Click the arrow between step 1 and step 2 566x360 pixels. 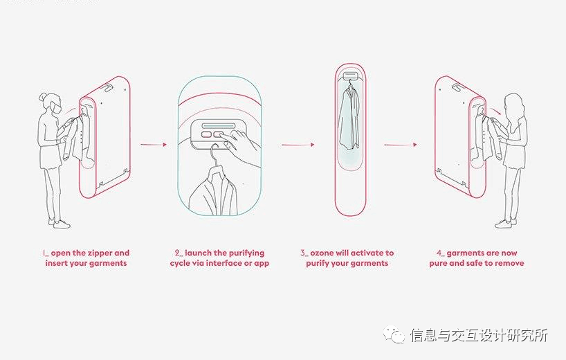(x=154, y=145)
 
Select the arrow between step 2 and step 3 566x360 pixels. (x=298, y=145)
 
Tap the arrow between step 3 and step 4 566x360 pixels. (x=401, y=145)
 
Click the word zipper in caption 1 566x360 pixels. (x=100, y=253)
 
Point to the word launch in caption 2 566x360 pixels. (x=198, y=253)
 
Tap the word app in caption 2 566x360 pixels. (x=262, y=264)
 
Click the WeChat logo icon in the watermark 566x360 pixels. (x=394, y=334)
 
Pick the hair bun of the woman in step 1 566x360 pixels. (x=44, y=96)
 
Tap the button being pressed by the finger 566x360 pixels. (x=219, y=134)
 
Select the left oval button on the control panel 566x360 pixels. (x=206, y=134)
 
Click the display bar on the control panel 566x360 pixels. (x=218, y=126)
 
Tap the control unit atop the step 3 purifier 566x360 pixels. (x=350, y=75)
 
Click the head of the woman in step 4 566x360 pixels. (x=513, y=102)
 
